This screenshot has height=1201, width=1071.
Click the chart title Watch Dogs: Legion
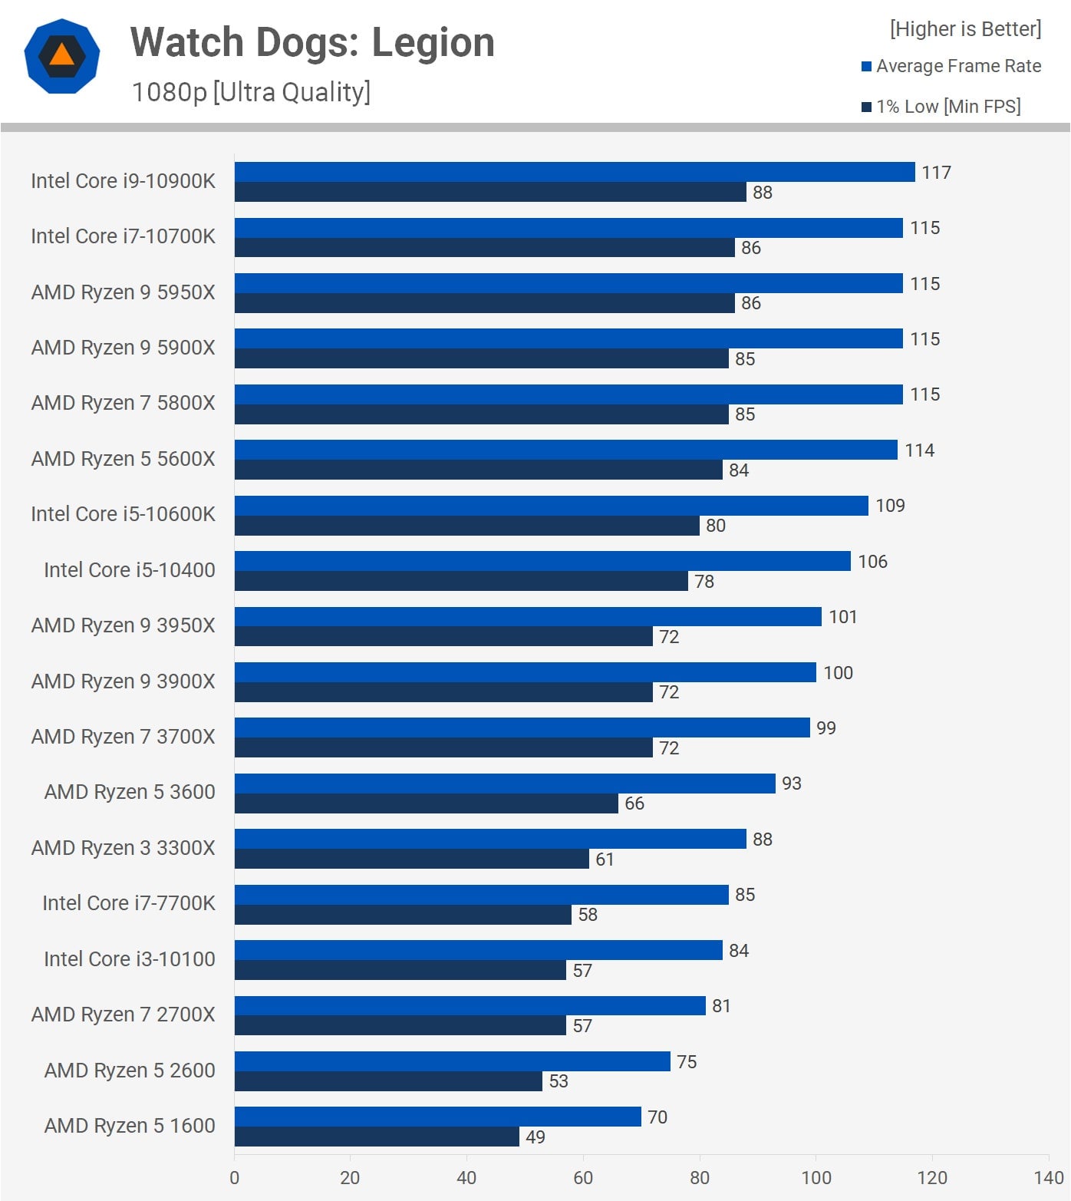312,42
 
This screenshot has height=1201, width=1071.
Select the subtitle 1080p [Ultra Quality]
251,92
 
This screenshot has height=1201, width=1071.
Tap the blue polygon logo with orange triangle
62,56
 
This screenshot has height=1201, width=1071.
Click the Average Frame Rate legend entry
951,66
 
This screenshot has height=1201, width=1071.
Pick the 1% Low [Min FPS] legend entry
941,107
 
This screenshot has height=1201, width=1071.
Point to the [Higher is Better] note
965,29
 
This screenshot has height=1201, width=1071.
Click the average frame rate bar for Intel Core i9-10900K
575,172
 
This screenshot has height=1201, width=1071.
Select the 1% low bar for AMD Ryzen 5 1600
377,1137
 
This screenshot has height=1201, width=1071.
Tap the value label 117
936,173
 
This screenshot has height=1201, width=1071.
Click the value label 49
535,1137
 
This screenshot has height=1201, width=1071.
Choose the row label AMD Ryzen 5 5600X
123,459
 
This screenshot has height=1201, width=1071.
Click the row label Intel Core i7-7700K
128,903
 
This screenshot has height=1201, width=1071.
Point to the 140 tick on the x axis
1048,1178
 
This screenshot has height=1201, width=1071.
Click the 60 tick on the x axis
583,1178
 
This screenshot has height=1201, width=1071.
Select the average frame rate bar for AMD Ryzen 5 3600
505,784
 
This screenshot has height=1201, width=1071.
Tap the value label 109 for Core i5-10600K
890,506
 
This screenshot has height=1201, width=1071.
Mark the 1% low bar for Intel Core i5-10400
461,581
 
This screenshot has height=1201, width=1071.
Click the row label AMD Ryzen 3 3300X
123,848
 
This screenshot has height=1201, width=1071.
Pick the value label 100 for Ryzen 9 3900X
838,673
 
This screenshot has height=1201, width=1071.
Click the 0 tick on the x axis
234,1178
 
